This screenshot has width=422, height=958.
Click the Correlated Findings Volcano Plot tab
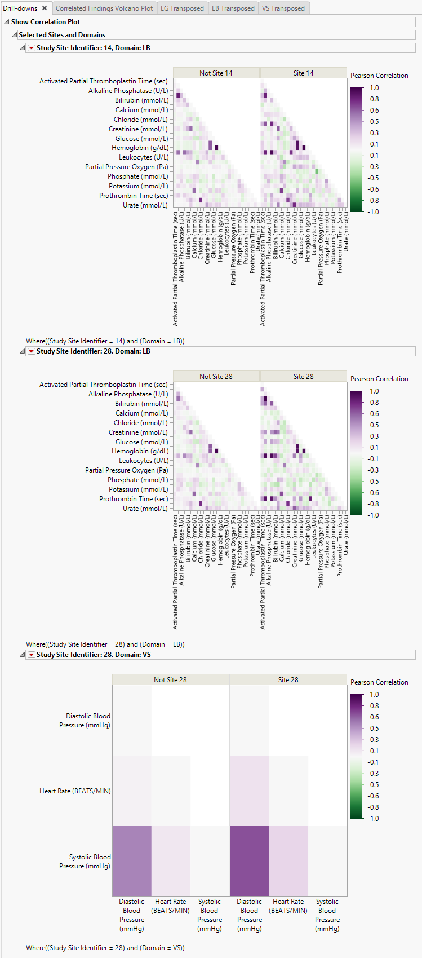click(104, 8)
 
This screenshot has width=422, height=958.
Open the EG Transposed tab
click(182, 8)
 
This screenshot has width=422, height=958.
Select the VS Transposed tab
click(283, 8)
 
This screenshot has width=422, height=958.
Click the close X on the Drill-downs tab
click(45, 8)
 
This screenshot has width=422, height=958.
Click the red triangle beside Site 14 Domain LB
click(32, 48)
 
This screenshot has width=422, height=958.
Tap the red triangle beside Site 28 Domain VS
click(32, 655)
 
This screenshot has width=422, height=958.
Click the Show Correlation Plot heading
click(46, 22)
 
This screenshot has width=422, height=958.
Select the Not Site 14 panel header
click(216, 73)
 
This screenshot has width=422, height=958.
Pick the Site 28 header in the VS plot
click(288, 680)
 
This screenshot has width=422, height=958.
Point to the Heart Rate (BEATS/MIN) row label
click(75, 791)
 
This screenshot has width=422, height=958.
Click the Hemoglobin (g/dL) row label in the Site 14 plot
click(140, 148)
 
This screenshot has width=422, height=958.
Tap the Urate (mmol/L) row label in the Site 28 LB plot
click(145, 509)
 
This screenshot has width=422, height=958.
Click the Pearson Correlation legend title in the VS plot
click(379, 682)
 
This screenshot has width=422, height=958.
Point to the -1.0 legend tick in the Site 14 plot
click(374, 212)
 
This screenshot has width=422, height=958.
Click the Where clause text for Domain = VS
click(105, 948)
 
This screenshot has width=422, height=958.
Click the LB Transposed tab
click(233, 8)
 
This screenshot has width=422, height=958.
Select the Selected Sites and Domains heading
click(62, 35)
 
